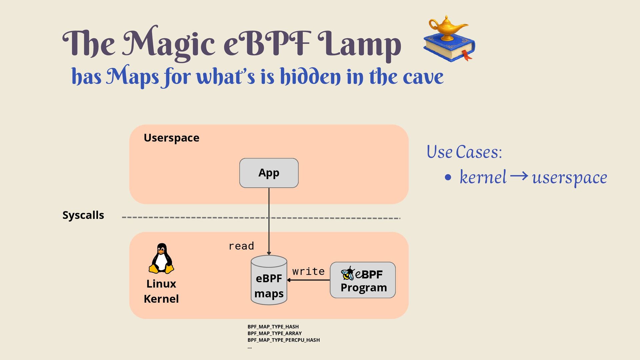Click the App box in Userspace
269,173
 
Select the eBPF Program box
363,280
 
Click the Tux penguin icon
161,259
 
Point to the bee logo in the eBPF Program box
348,274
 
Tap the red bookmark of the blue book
466,55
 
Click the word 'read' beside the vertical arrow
241,246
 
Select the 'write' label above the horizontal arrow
308,271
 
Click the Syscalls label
83,215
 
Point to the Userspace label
171,138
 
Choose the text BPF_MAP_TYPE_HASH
273,327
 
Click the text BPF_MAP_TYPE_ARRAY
274,333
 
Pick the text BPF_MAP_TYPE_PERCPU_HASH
283,340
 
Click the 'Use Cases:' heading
464,152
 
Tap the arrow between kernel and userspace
519,176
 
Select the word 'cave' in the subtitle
423,77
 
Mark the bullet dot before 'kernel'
448,177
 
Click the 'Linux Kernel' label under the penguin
161,291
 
